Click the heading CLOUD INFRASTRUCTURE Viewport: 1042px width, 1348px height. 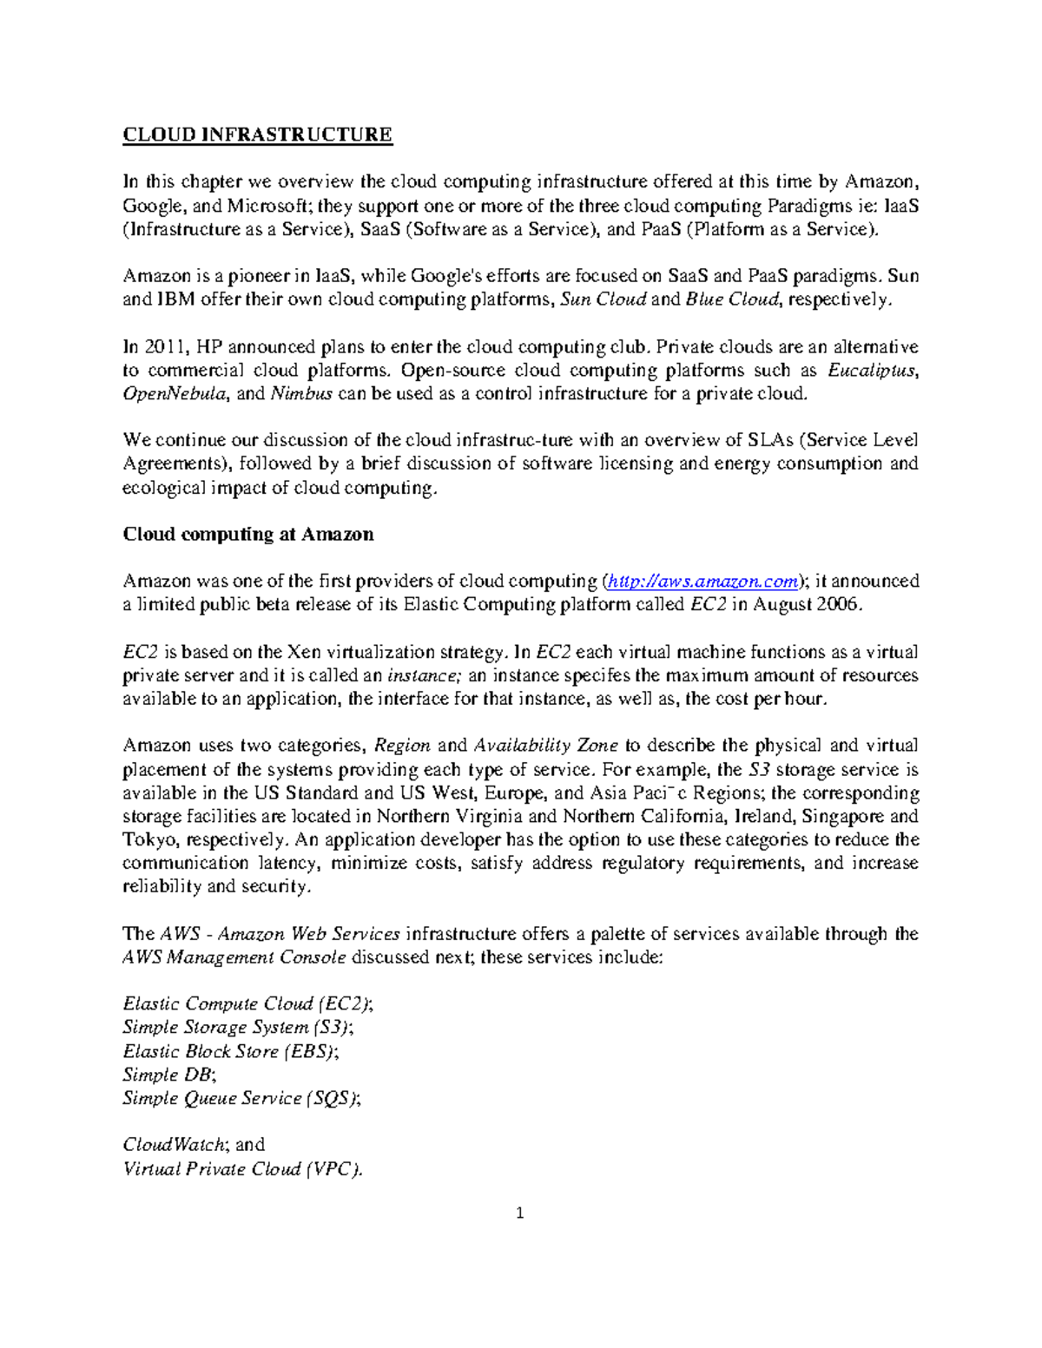pos(257,135)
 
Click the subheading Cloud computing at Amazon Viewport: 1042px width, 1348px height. pos(248,534)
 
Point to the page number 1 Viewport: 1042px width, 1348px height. pos(520,1213)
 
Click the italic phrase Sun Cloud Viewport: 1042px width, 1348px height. pos(603,300)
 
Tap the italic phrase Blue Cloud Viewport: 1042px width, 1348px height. pos(733,300)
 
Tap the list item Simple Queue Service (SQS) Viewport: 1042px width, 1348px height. pos(241,1098)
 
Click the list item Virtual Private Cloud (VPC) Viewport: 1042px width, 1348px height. pos(242,1168)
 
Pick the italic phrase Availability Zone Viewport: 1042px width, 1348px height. pos(545,746)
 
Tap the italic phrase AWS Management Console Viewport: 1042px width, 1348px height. pos(234,957)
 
